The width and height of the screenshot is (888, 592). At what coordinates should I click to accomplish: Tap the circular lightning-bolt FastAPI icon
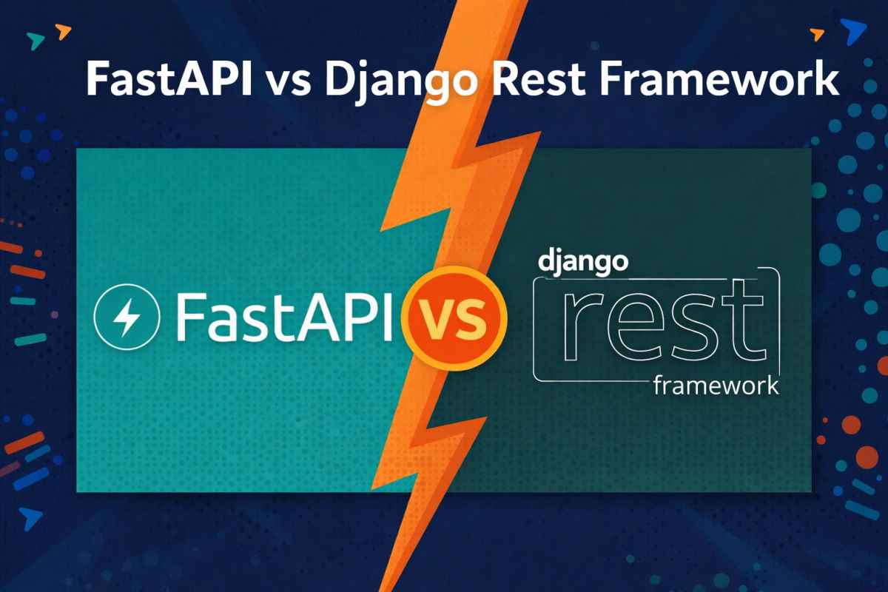click(127, 317)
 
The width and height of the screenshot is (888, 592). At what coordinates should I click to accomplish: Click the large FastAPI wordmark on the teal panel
click(283, 316)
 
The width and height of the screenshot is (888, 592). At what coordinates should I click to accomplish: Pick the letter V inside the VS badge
click(436, 317)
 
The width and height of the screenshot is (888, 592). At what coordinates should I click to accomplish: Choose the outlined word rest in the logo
click(656, 323)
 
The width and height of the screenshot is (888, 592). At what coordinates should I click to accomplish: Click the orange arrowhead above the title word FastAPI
click(64, 31)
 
